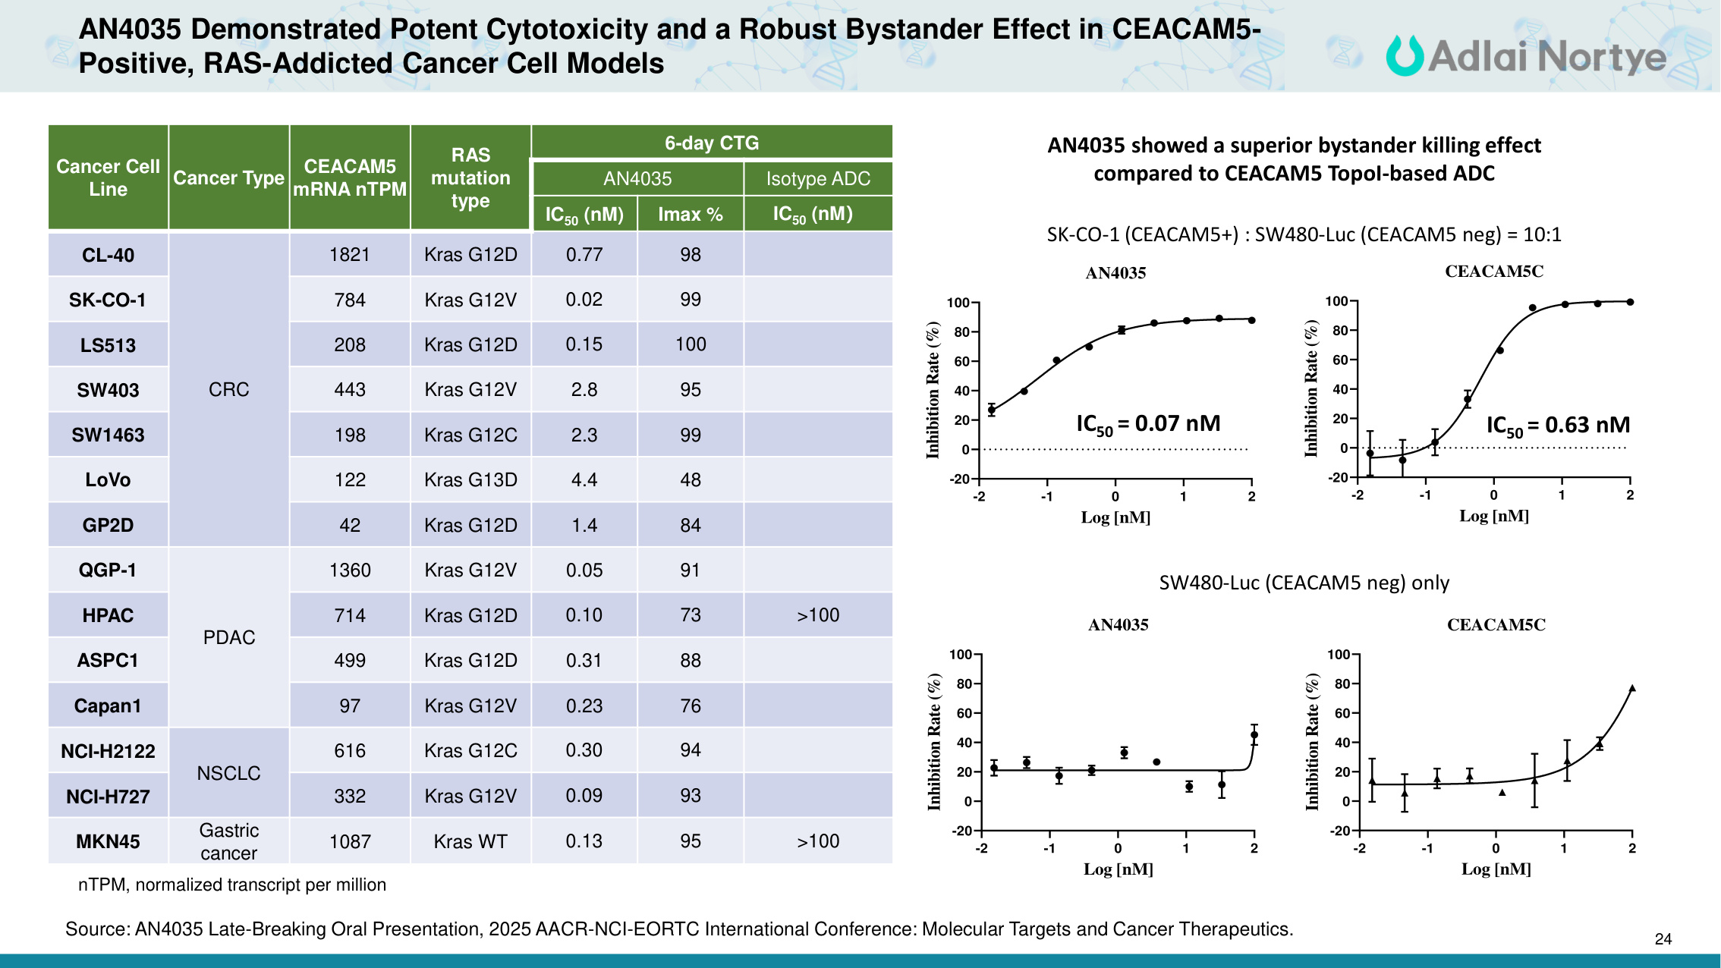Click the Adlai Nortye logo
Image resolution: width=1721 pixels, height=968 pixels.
[x=1525, y=56]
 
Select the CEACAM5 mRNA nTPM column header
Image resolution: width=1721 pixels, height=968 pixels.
[x=350, y=178]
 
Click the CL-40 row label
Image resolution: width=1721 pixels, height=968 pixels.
[x=108, y=255]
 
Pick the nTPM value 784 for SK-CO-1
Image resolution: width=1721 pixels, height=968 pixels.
[x=350, y=300]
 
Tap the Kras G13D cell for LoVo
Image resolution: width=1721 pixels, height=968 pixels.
[x=470, y=479]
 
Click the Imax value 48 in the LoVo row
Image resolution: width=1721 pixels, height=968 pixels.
[x=691, y=479]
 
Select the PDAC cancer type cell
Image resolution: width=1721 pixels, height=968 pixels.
[x=228, y=637]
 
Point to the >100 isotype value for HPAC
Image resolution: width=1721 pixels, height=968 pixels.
[x=818, y=615]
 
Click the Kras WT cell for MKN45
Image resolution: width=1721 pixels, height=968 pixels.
[x=470, y=841]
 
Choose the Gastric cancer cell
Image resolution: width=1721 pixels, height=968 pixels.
[x=228, y=841]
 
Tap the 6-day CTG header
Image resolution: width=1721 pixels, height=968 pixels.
[x=712, y=143]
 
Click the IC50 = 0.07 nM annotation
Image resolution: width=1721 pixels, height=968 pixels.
[x=1148, y=424]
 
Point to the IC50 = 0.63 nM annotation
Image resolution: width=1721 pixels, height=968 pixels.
[x=1557, y=426]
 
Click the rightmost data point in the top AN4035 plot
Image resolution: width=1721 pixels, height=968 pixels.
[x=1251, y=320]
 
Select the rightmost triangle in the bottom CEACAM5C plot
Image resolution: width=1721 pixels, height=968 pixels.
[x=1632, y=689]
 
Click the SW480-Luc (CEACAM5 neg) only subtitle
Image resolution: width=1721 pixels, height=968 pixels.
[x=1304, y=583]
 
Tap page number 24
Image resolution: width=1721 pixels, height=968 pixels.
[x=1663, y=939]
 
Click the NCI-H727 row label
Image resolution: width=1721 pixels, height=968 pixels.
[x=108, y=797]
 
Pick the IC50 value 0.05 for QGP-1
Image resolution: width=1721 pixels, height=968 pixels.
[x=584, y=570]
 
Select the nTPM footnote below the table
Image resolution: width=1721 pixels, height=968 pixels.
[x=232, y=885]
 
